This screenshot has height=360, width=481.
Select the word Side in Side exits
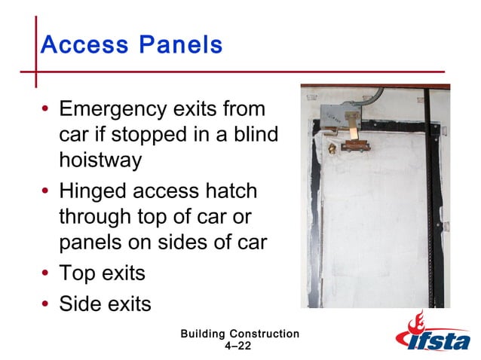click(78, 304)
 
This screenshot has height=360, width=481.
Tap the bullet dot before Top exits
click(46, 273)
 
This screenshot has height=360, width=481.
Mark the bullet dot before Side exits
click(46, 304)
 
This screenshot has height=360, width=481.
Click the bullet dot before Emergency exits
click(46, 111)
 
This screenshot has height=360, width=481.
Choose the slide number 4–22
click(238, 346)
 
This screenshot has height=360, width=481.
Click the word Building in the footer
click(204, 334)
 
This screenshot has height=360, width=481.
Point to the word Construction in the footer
click(265, 334)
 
